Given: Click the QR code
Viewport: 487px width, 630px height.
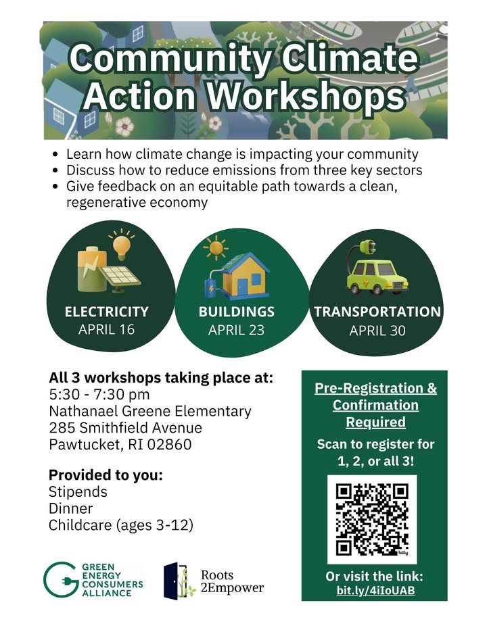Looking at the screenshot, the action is pyautogui.click(x=372, y=520).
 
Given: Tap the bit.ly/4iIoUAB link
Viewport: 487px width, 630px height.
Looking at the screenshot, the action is pyautogui.click(x=375, y=591).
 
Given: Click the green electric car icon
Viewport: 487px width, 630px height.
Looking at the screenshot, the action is pyautogui.click(x=377, y=276).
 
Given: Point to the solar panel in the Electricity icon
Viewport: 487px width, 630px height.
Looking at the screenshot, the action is pyautogui.click(x=120, y=277).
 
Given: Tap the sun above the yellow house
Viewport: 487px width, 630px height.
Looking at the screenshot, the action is pyautogui.click(x=216, y=248).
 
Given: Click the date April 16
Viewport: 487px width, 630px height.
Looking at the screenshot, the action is pyautogui.click(x=107, y=330).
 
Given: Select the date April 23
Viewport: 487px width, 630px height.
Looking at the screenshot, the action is pyautogui.click(x=237, y=331).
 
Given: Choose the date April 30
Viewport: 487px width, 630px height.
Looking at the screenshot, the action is pyautogui.click(x=377, y=331).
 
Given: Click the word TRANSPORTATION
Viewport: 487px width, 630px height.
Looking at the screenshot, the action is pyautogui.click(x=377, y=312).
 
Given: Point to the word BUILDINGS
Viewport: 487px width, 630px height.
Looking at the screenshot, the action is pyautogui.click(x=237, y=312).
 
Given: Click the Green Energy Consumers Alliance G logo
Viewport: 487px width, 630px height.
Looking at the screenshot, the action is pyautogui.click(x=60, y=580).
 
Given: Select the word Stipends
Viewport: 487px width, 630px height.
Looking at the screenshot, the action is pyautogui.click(x=78, y=492).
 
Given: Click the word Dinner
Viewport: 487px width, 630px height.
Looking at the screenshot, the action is pyautogui.click(x=71, y=508).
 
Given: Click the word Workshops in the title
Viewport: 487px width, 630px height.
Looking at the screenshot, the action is pyautogui.click(x=306, y=97).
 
